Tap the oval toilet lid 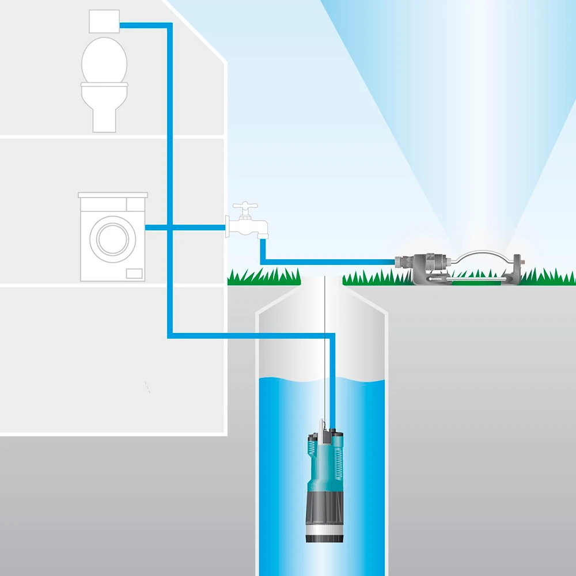(104, 60)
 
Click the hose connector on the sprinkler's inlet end (401, 263)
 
